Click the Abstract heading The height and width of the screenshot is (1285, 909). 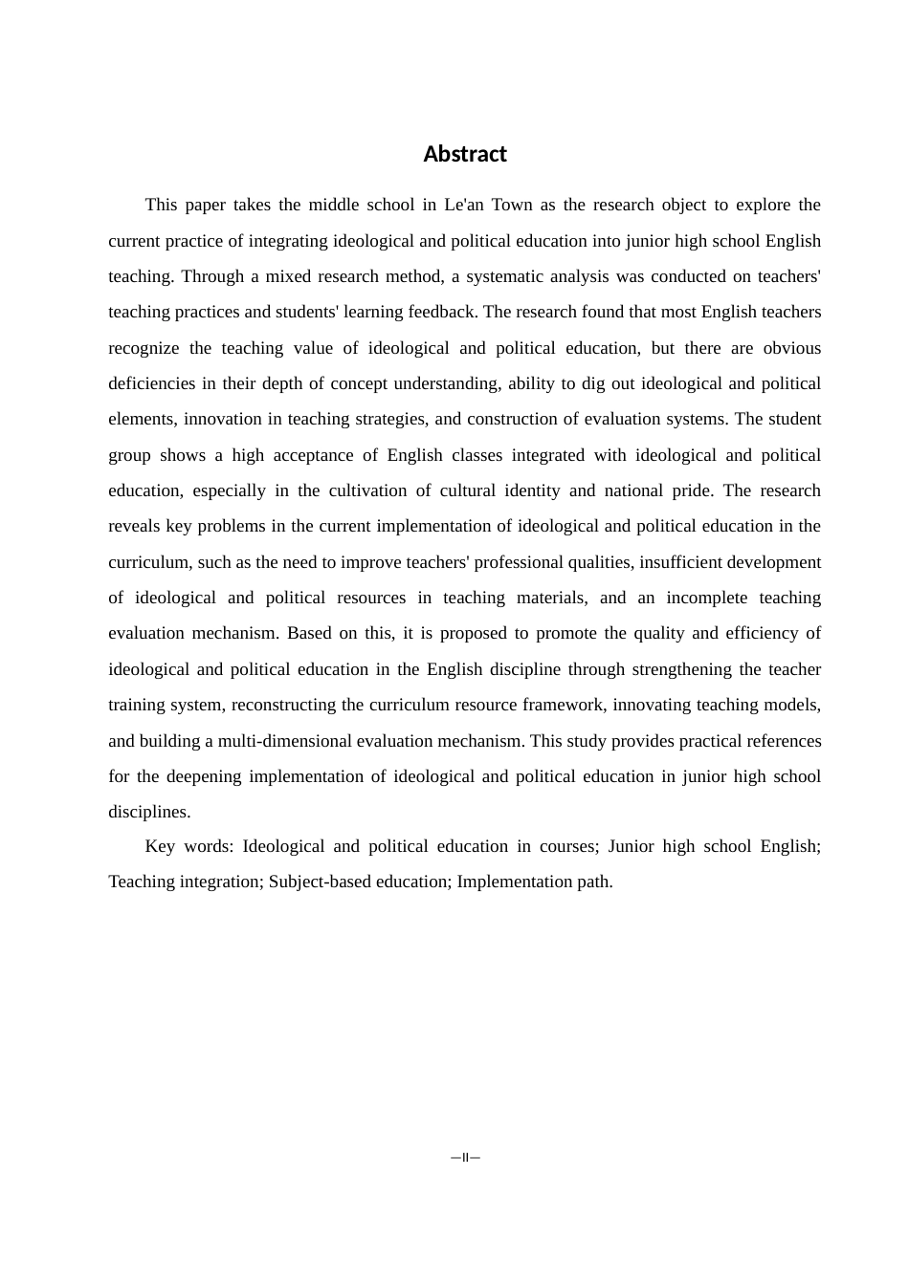pos(465,154)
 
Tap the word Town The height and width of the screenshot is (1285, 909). pos(512,205)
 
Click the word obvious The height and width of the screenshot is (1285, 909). pos(791,348)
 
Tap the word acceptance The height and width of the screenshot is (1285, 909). pos(310,455)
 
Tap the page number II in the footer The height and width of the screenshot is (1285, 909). pos(465,1158)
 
